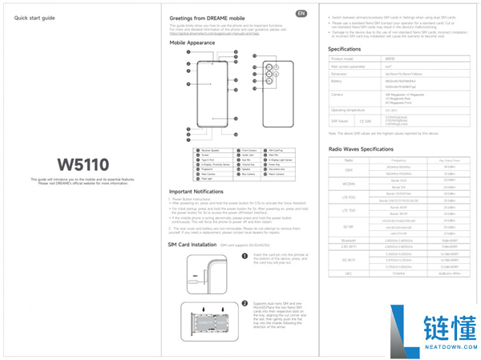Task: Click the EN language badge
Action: coord(301,14)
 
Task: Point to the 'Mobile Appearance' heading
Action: coord(192,42)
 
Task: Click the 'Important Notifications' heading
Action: coord(196,192)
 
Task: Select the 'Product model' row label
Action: coord(342,59)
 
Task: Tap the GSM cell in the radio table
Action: coord(348,170)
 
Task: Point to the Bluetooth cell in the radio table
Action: coord(348,239)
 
